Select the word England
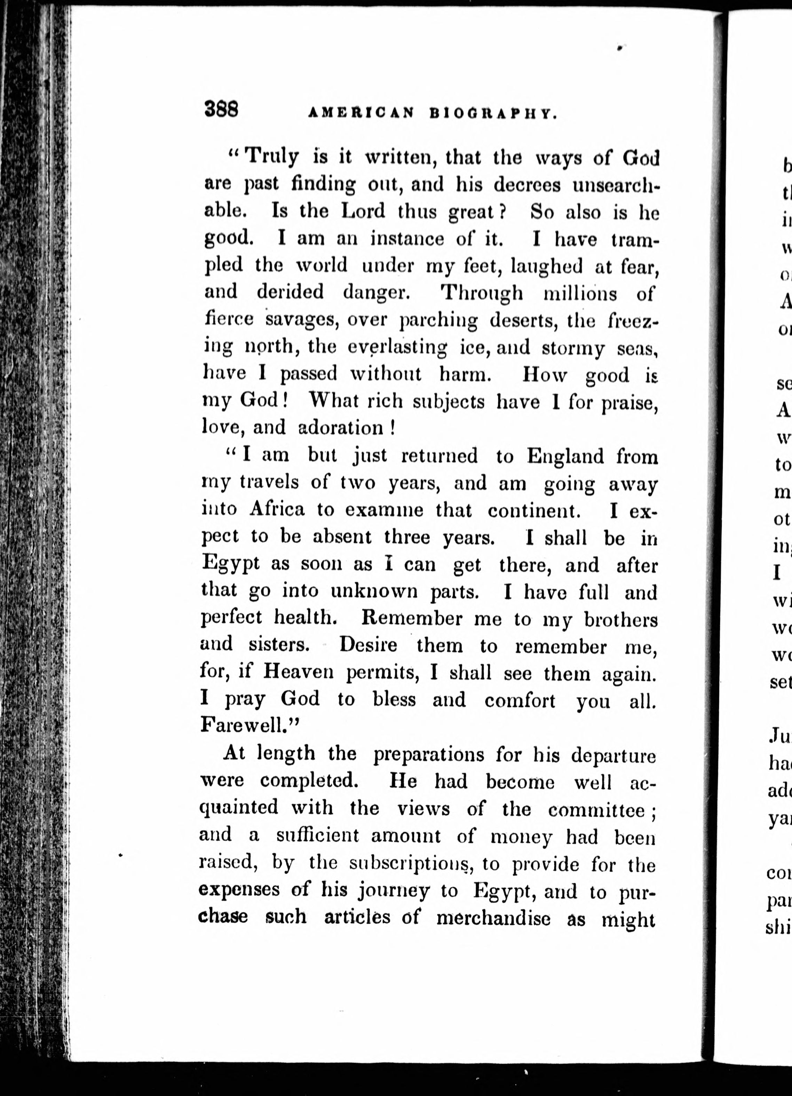(x=565, y=456)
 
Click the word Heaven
(x=298, y=672)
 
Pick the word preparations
(x=428, y=754)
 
